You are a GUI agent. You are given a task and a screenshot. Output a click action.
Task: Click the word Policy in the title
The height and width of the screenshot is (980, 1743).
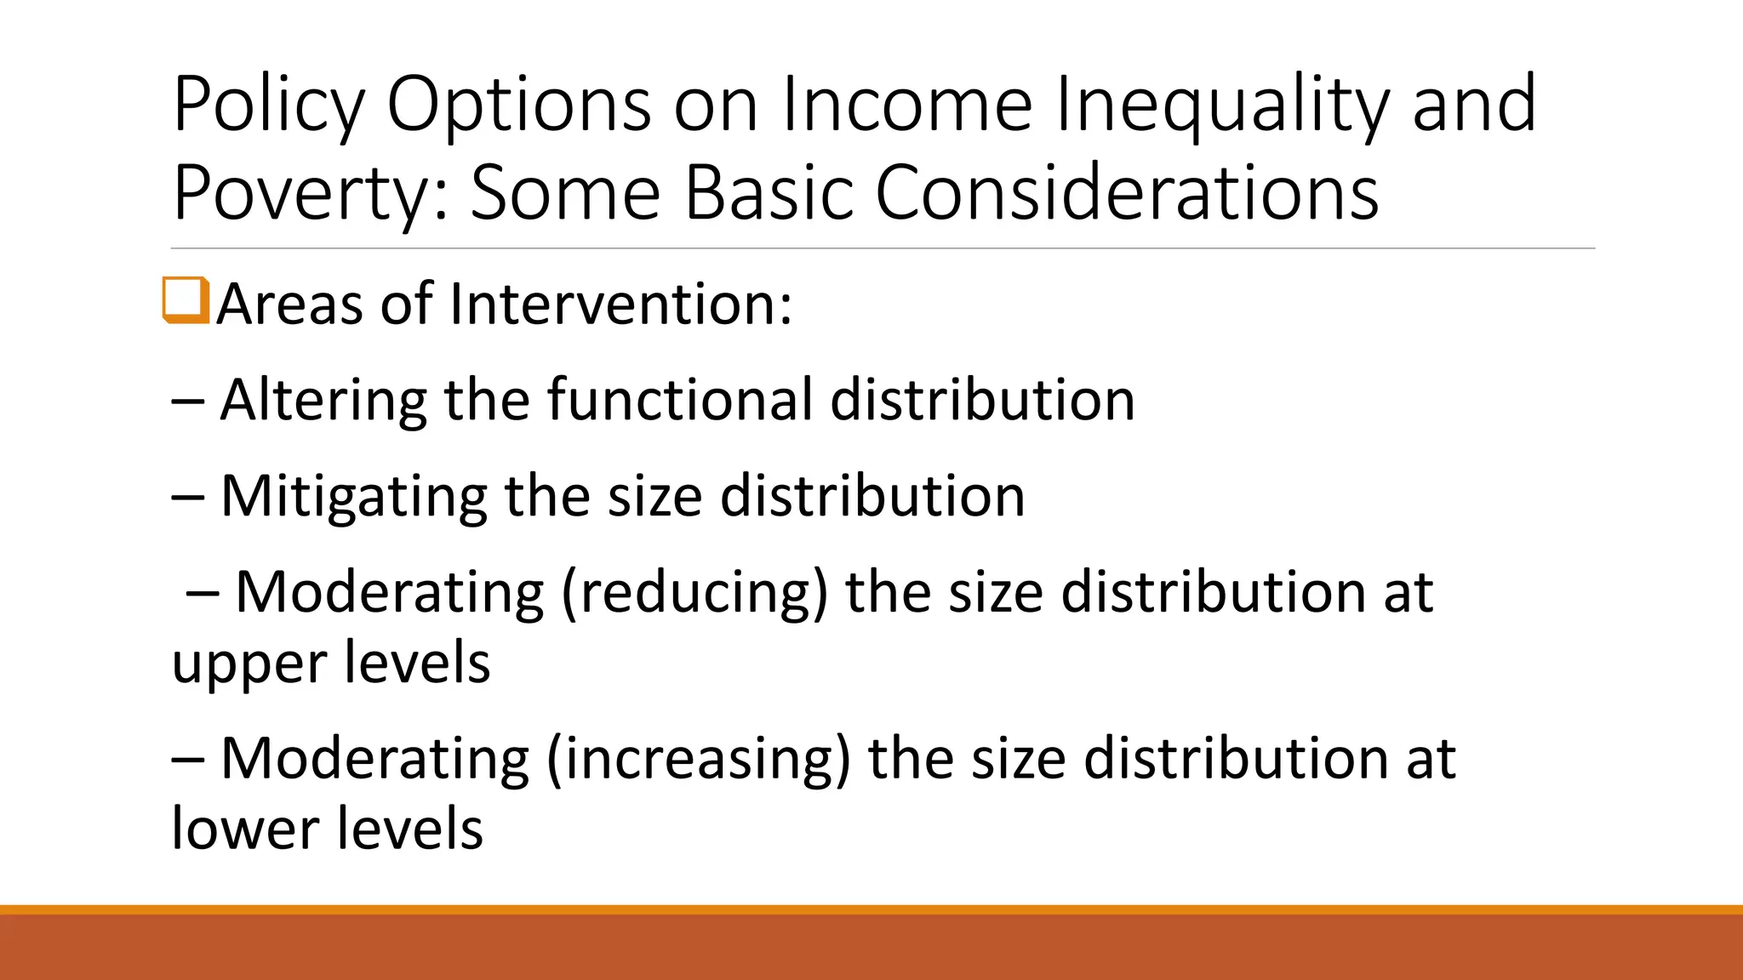tap(268, 105)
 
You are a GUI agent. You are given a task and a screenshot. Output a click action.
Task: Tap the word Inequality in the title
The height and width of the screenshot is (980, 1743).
tap(1223, 105)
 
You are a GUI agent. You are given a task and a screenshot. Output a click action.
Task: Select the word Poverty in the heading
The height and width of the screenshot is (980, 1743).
tap(304, 194)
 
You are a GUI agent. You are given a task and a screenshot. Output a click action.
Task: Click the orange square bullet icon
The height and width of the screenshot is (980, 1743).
tap(186, 300)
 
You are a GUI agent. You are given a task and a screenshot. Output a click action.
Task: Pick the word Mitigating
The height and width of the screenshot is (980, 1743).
tap(353, 497)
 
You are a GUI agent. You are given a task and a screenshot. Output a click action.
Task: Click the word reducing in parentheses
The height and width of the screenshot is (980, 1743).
tap(694, 593)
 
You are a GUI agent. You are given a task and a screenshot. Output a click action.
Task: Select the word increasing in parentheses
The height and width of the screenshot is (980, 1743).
tap(698, 759)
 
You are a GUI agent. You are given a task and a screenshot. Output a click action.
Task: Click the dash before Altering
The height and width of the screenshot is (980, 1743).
tap(186, 402)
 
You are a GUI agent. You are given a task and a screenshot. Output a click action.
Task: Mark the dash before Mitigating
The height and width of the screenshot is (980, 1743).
tap(186, 498)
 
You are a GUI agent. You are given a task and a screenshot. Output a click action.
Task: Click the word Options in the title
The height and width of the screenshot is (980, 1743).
tap(519, 105)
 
